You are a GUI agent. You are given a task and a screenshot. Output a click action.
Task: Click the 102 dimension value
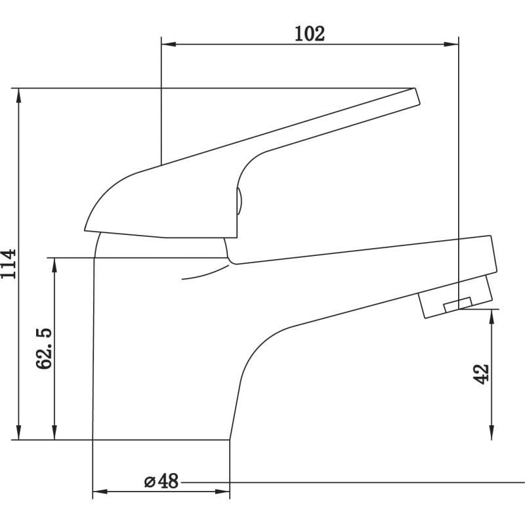(309, 34)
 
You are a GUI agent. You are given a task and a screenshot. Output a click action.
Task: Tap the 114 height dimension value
(9, 264)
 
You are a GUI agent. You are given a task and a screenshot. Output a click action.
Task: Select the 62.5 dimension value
(44, 348)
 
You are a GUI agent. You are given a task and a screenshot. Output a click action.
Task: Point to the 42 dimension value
(481, 374)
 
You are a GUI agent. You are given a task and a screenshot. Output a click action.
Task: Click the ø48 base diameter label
(161, 482)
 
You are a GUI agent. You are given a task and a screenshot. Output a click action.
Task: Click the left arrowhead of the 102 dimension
(169, 44)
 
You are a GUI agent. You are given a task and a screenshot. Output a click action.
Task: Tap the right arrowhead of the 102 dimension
(451, 44)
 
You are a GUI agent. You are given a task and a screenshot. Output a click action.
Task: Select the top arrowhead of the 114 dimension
(19, 95)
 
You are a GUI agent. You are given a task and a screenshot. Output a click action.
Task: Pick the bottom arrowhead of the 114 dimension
(19, 432)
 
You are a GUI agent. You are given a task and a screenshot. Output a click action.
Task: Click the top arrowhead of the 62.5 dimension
(54, 265)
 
